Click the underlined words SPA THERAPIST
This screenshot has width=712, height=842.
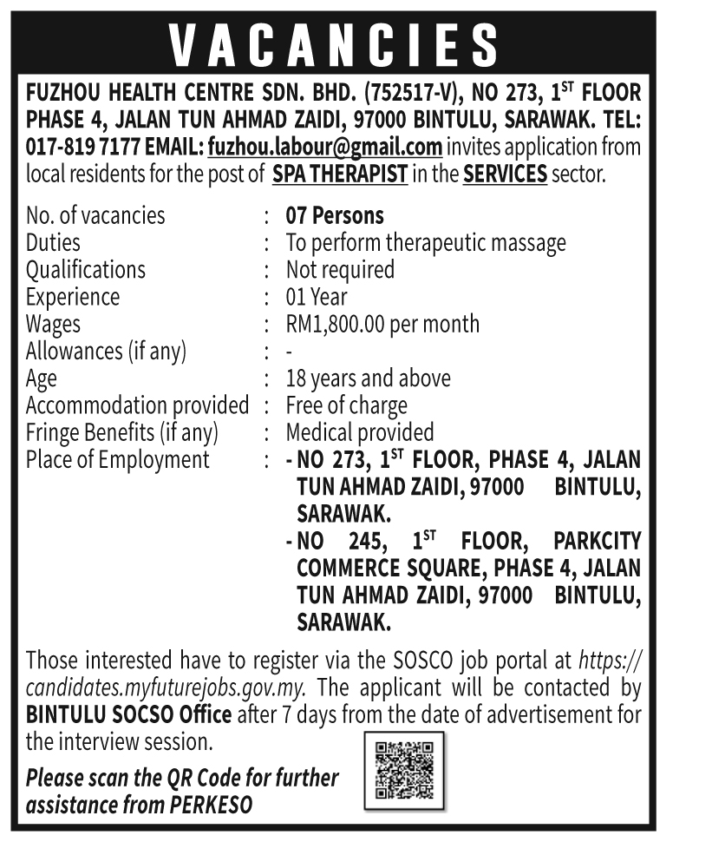tap(339, 173)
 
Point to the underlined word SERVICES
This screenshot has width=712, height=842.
tap(505, 173)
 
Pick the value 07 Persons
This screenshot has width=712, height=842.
tap(335, 215)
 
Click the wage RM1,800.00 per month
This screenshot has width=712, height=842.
tap(382, 324)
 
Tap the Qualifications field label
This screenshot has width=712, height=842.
tap(86, 270)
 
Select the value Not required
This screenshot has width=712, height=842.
tap(340, 270)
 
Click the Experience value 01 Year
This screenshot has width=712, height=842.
tap(317, 297)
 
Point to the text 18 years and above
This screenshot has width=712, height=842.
tap(368, 378)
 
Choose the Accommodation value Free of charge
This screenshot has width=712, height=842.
tap(346, 405)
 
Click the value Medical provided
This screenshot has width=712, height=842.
tap(360, 432)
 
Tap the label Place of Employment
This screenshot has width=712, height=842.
tap(118, 459)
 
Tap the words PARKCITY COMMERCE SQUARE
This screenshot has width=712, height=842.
tap(469, 555)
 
